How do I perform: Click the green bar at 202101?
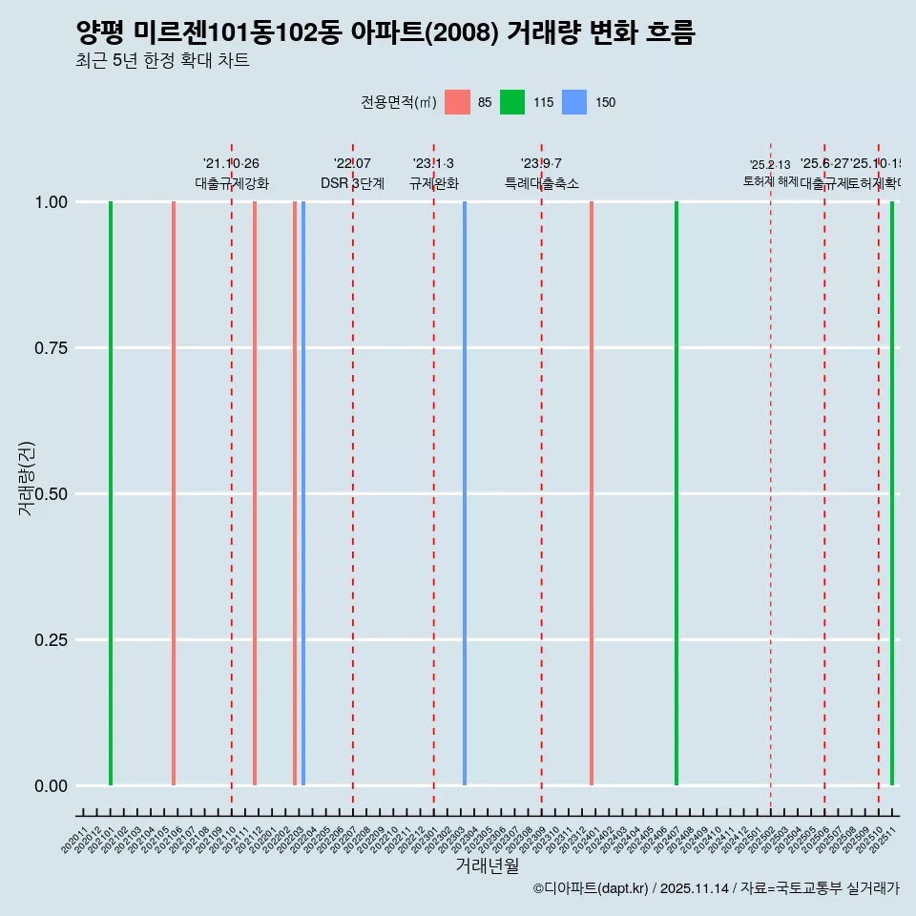111,493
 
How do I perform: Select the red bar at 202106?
174,493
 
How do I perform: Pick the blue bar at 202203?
303,493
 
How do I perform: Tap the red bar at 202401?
592,493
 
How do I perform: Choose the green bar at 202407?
677,493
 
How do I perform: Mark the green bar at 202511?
892,493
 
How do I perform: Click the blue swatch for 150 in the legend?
574,102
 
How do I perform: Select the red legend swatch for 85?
458,102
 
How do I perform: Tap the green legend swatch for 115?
512,102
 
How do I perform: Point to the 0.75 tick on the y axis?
50,348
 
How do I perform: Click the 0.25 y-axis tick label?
50,640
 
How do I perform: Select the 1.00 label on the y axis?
50,202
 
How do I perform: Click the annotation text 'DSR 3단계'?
352,183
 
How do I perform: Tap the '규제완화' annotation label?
434,183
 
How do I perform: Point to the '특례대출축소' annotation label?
542,183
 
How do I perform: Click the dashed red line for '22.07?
353,477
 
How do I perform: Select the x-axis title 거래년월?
488,866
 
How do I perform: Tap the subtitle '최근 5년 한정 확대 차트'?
162,61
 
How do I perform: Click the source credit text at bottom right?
716,888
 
